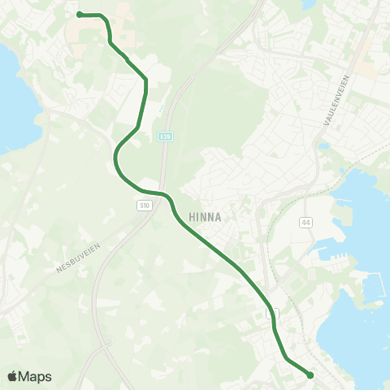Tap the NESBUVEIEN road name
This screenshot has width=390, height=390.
click(x=76, y=259)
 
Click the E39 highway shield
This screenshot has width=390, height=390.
click(x=166, y=136)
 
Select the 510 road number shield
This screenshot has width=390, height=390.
click(x=144, y=206)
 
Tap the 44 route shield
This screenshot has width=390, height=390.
click(x=305, y=221)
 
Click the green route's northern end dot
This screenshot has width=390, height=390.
click(x=79, y=14)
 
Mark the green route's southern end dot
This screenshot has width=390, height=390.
click(x=310, y=375)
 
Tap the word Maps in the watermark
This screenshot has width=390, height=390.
click(x=37, y=376)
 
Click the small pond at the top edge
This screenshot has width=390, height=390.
click(x=309, y=4)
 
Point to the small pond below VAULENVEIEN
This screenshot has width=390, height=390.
click(x=325, y=146)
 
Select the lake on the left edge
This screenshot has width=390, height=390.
click(x=11, y=97)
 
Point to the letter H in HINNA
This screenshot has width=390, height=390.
click(x=192, y=217)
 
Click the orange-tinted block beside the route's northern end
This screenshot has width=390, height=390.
click(x=122, y=11)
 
